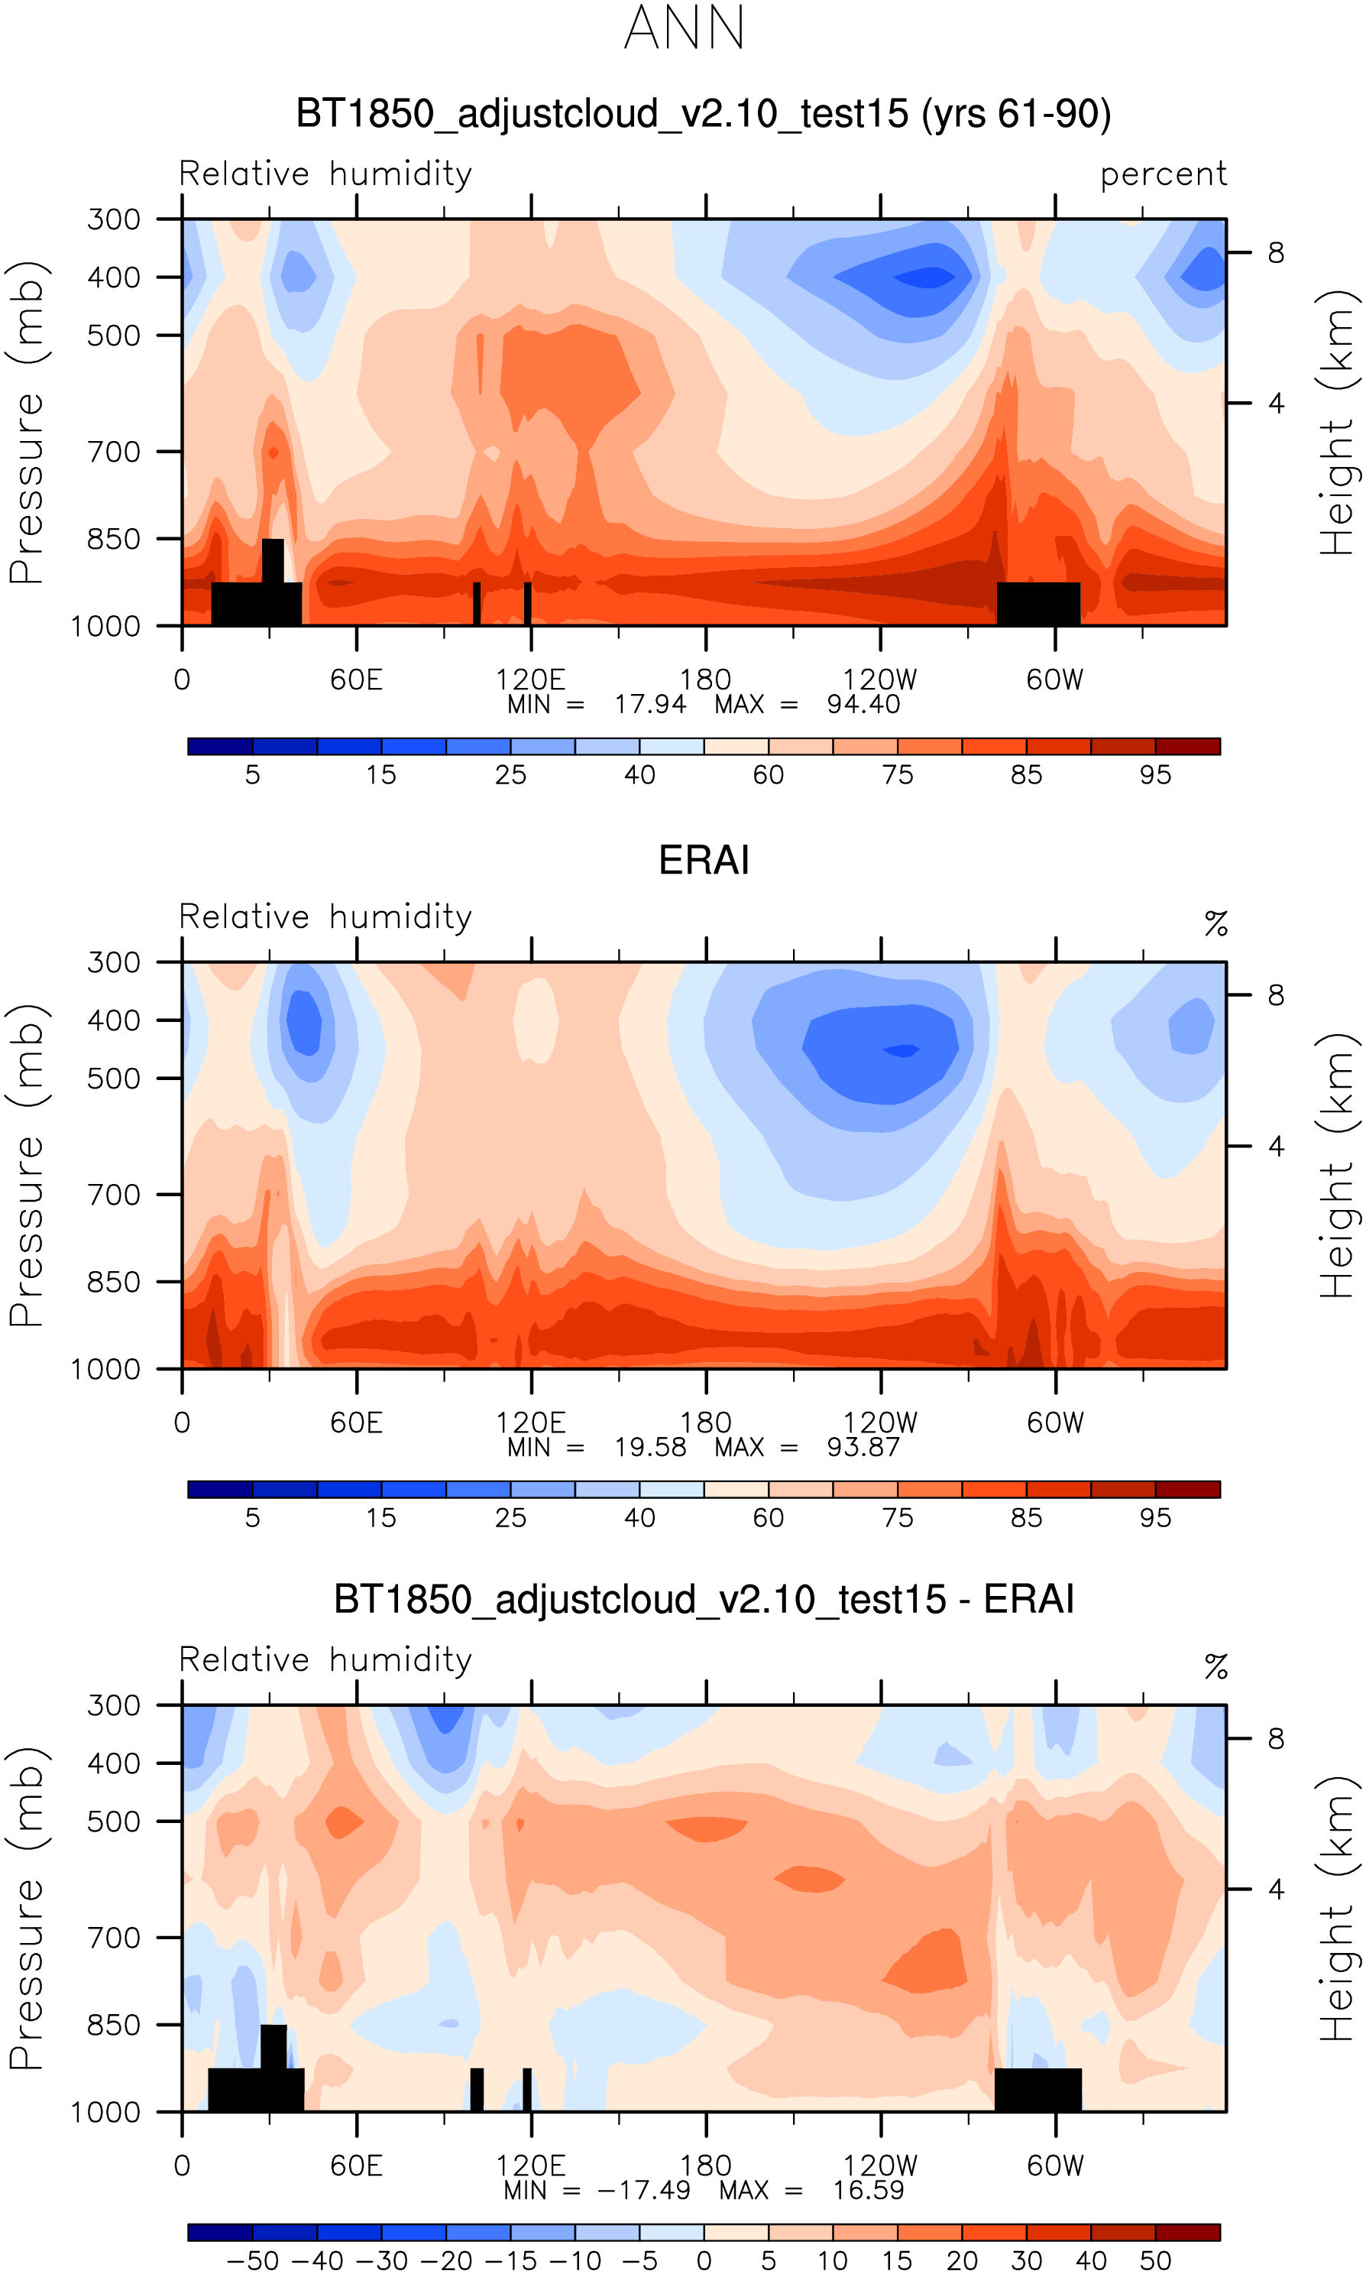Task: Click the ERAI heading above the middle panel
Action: click(704, 861)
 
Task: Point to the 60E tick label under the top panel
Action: click(356, 680)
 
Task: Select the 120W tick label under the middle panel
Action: click(880, 1422)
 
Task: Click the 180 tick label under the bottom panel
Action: click(705, 2165)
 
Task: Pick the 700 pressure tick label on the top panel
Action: click(113, 452)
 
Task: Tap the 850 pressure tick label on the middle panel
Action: click(113, 1282)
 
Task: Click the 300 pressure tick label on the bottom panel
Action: click(113, 1705)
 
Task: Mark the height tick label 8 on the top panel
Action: click(1275, 252)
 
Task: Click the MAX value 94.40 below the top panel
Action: click(863, 704)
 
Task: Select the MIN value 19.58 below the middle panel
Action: click(650, 1447)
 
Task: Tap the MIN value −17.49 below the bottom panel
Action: click(643, 2189)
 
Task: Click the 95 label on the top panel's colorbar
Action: click(1155, 775)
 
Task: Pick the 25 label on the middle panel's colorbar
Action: click(511, 1517)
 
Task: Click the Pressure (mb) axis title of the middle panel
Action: click(28, 1165)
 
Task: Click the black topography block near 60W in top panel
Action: click(1038, 603)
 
